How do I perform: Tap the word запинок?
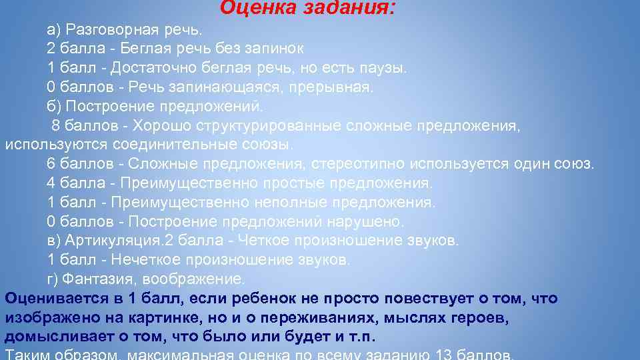(273, 49)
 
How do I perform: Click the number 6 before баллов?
(51, 164)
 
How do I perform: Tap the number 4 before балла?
(51, 183)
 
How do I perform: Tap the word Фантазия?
(93, 278)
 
